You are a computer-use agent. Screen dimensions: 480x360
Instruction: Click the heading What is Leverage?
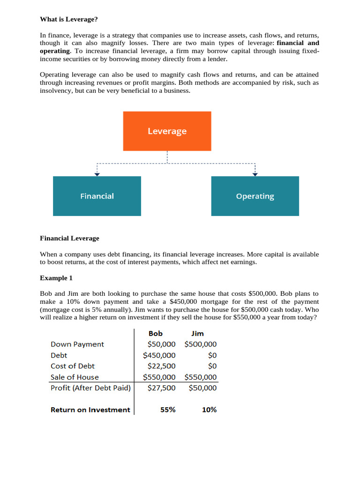pos(69,19)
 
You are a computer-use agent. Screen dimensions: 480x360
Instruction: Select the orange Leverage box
pos(167,131)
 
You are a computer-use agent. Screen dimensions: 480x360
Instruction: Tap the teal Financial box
pos(97,196)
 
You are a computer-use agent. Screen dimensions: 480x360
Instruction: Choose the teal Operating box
pos(255,196)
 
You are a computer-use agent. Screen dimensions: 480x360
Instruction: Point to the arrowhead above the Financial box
pos(97,174)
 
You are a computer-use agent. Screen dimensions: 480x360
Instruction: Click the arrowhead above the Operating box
pos(255,174)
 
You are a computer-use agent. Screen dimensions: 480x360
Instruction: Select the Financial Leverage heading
pos(69,238)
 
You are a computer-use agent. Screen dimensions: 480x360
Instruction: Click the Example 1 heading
pos(56,278)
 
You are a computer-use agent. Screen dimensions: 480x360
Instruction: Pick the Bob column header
pos(156,333)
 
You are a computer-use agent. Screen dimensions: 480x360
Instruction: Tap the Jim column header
pos(198,333)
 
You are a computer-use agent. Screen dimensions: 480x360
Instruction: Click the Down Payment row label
pos(77,344)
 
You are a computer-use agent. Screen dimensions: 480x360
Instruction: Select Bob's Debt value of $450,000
pos(159,355)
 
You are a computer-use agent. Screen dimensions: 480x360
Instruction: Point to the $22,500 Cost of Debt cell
pos(162,366)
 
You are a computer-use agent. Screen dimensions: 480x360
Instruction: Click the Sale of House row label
pos(75,377)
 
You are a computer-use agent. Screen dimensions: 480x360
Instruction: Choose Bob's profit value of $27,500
pos(162,388)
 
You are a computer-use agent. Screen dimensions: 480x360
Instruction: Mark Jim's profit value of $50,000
pos(202,388)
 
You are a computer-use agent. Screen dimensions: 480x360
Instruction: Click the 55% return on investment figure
pos(168,410)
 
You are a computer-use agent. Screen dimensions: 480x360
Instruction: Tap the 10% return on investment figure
pos(209,410)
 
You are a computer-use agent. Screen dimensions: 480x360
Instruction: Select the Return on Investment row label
pos(90,410)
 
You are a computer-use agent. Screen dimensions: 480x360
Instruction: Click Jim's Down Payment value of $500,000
pos(201,344)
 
